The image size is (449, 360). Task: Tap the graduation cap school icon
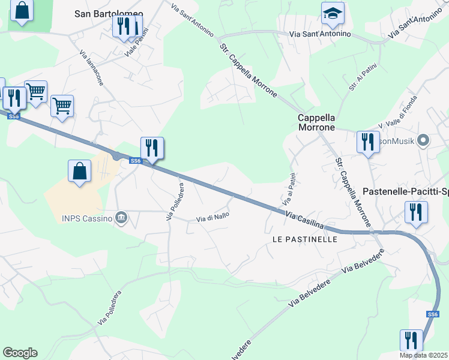331,14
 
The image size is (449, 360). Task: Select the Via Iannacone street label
91,67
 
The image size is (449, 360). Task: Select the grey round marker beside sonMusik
423,142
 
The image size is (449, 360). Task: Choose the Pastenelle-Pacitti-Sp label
406,192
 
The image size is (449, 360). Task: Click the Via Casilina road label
304,221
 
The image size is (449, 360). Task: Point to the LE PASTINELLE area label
305,239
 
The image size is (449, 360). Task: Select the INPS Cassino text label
87,218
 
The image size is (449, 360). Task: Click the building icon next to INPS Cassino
121,218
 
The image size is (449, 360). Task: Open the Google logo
20,353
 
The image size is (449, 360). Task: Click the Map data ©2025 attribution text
424,355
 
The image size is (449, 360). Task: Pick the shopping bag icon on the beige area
79,172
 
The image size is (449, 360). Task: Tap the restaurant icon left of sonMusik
367,142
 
